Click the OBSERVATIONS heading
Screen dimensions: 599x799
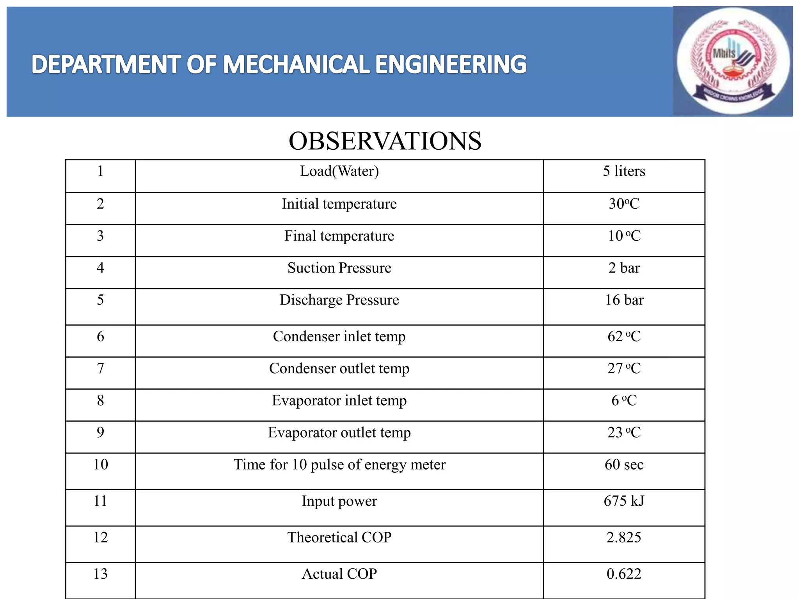coord(385,141)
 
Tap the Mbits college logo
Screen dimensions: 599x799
coord(733,61)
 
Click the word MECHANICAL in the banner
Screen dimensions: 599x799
coord(297,64)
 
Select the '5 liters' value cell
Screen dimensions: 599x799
coord(624,171)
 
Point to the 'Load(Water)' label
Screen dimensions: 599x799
coord(339,171)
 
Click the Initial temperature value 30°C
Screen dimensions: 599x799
coord(624,204)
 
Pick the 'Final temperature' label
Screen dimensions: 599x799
coord(339,236)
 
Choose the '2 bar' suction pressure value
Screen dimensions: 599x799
coord(624,268)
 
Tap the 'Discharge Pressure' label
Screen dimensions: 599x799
coord(339,300)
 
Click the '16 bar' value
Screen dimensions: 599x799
coord(624,300)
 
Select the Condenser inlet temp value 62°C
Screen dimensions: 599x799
coord(624,337)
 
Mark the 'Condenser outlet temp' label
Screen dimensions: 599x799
coord(339,369)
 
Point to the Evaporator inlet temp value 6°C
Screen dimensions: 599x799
coord(624,401)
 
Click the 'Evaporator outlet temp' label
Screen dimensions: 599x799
coord(339,432)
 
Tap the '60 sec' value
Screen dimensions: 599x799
coord(624,464)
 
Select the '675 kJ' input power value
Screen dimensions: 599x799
coord(624,501)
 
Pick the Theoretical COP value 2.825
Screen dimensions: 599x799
coord(624,537)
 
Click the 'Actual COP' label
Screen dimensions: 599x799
coord(339,574)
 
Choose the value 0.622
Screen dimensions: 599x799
coord(624,574)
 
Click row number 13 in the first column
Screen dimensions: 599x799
coord(100,574)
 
